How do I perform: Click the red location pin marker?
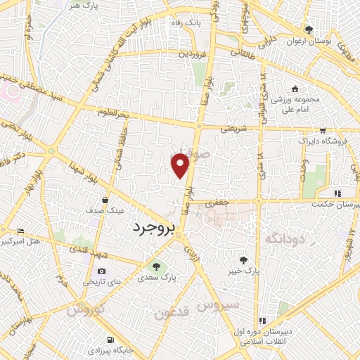pyautogui.click(x=181, y=165)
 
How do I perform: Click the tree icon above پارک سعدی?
pyautogui.click(x=156, y=266)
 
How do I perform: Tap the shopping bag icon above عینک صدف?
pyautogui.click(x=105, y=199)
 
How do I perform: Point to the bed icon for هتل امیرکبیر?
pyautogui.click(x=20, y=231)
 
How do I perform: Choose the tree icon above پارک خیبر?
pyautogui.click(x=243, y=259)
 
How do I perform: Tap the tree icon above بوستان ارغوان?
pyautogui.click(x=308, y=30)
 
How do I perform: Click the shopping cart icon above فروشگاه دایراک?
pyautogui.click(x=322, y=131)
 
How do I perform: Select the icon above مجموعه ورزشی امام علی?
pyautogui.click(x=295, y=89)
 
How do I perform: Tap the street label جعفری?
pyautogui.click(x=213, y=202)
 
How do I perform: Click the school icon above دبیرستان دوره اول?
pyautogui.click(x=263, y=321)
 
